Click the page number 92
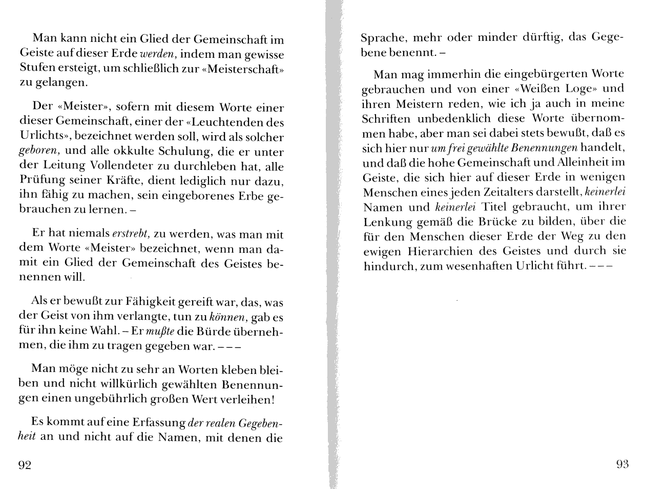click(x=25, y=465)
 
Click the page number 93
click(x=622, y=464)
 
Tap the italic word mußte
click(x=156, y=331)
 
